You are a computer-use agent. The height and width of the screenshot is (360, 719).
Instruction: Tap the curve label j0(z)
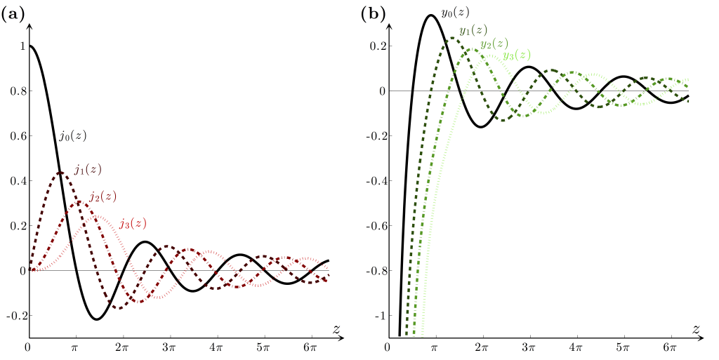(x=73, y=136)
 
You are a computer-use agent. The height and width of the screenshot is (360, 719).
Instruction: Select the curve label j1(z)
(x=88, y=169)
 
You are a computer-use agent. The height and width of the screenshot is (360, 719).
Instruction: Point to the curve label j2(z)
(x=103, y=196)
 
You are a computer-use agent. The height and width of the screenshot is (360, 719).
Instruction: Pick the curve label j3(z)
(x=133, y=223)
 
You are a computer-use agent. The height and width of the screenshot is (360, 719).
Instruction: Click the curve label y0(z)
(x=455, y=12)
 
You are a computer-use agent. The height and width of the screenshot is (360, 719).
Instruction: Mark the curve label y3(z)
(x=517, y=55)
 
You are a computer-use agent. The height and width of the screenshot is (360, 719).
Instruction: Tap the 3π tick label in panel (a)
(x=169, y=347)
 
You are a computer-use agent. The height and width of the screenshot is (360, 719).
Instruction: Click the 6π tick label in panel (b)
(x=670, y=347)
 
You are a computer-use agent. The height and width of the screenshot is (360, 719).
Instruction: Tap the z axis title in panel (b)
(x=696, y=329)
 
